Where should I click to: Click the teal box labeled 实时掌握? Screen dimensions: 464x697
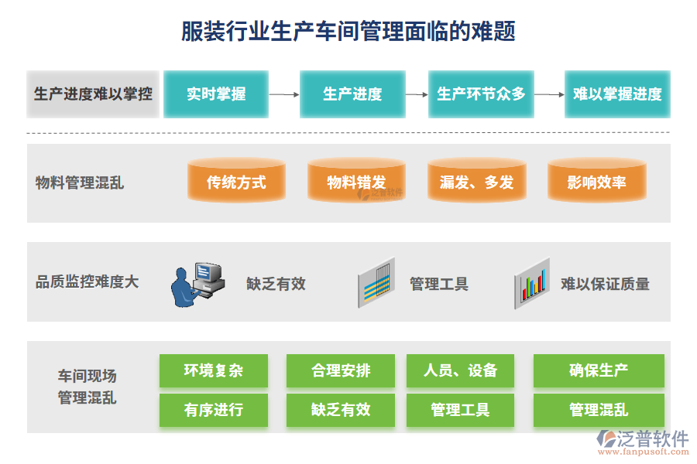[x=216, y=94]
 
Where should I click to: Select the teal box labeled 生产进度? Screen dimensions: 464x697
[x=352, y=94]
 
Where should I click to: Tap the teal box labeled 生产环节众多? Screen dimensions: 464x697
[x=481, y=94]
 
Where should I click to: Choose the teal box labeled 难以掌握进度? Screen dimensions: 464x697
[x=617, y=94]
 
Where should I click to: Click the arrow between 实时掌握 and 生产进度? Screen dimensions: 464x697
[x=284, y=94]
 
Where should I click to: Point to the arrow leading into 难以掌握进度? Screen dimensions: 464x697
[x=549, y=94]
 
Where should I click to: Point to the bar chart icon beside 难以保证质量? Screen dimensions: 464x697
[x=532, y=284]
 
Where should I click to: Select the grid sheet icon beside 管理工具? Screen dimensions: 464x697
[x=376, y=284]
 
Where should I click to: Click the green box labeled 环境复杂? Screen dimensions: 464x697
[x=214, y=370]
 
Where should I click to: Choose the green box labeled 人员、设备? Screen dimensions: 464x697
[x=460, y=370]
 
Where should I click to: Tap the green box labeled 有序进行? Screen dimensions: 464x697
[x=214, y=410]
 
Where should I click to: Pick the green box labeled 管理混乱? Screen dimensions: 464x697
[x=599, y=410]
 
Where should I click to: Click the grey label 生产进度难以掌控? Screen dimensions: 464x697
[x=93, y=94]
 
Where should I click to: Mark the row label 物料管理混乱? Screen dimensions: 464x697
[x=80, y=183]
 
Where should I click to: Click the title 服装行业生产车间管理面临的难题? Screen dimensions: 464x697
[x=348, y=31]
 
